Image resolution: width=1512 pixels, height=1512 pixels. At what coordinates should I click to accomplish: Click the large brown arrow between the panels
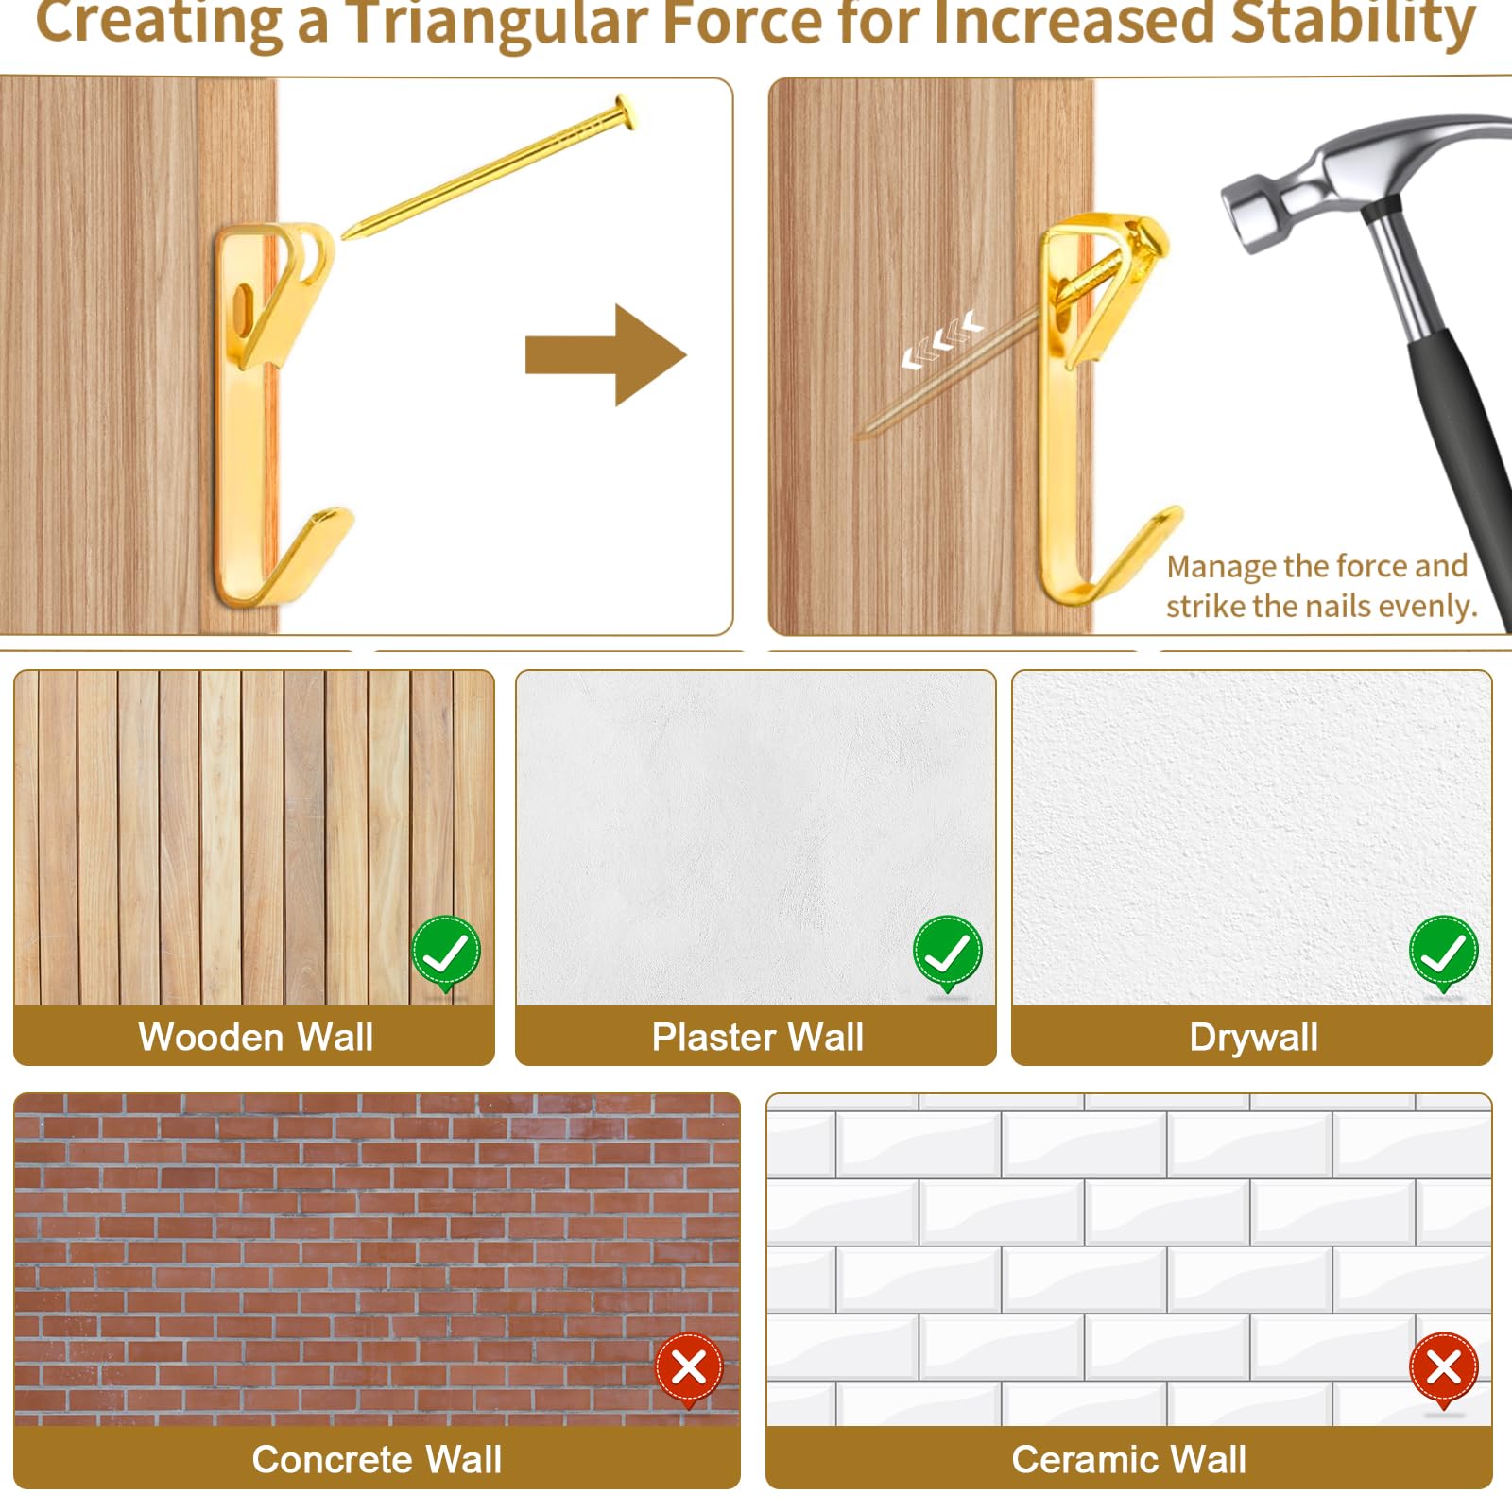pyautogui.click(x=606, y=355)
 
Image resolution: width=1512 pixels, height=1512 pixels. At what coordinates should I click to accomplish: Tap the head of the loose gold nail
pyautogui.click(x=626, y=112)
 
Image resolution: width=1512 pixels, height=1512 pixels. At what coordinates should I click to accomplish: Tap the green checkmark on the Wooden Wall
pyautogui.click(x=446, y=953)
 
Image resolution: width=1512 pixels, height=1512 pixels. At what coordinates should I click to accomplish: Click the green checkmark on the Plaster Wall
pyautogui.click(x=948, y=953)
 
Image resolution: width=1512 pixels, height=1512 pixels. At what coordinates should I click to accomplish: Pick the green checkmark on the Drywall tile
pyautogui.click(x=1444, y=953)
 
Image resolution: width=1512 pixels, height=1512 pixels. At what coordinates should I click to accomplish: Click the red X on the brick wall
pyautogui.click(x=690, y=1369)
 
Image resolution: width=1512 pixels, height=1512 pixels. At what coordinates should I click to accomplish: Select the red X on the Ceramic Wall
pyautogui.click(x=1444, y=1369)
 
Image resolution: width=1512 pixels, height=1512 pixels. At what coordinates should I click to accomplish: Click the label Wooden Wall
pyautogui.click(x=256, y=1037)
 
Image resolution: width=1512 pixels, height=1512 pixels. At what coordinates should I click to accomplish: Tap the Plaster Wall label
pyautogui.click(x=758, y=1037)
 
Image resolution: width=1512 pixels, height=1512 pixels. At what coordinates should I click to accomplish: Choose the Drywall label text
pyautogui.click(x=1254, y=1038)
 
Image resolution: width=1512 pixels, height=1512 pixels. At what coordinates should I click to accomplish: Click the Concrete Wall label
pyautogui.click(x=377, y=1459)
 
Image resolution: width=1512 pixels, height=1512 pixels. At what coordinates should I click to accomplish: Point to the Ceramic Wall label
pyautogui.click(x=1129, y=1459)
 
